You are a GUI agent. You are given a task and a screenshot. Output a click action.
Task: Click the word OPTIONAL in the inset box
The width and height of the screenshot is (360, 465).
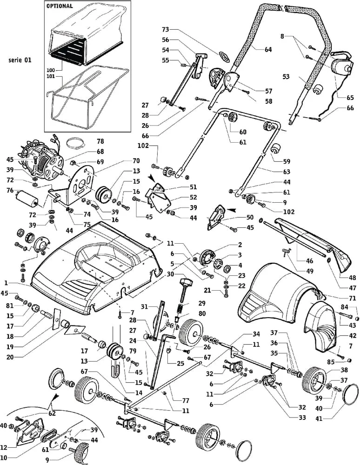[60, 7]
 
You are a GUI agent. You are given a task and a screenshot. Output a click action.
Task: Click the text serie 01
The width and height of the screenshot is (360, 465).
[20, 60]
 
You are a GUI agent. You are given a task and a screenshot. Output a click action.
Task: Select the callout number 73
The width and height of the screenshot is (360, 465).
[165, 29]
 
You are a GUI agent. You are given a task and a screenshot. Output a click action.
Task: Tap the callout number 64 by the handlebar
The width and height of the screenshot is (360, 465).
[268, 50]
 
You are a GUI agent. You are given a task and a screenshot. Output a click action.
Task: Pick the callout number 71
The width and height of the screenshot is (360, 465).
[353, 298]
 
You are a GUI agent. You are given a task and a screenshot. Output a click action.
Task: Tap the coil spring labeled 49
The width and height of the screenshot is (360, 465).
[287, 252]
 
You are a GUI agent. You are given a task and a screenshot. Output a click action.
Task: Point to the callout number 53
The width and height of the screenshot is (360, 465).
[286, 76]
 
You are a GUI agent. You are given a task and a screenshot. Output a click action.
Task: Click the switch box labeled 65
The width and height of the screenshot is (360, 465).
[343, 70]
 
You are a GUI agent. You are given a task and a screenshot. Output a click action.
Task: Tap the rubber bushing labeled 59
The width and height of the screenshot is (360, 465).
[278, 149]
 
